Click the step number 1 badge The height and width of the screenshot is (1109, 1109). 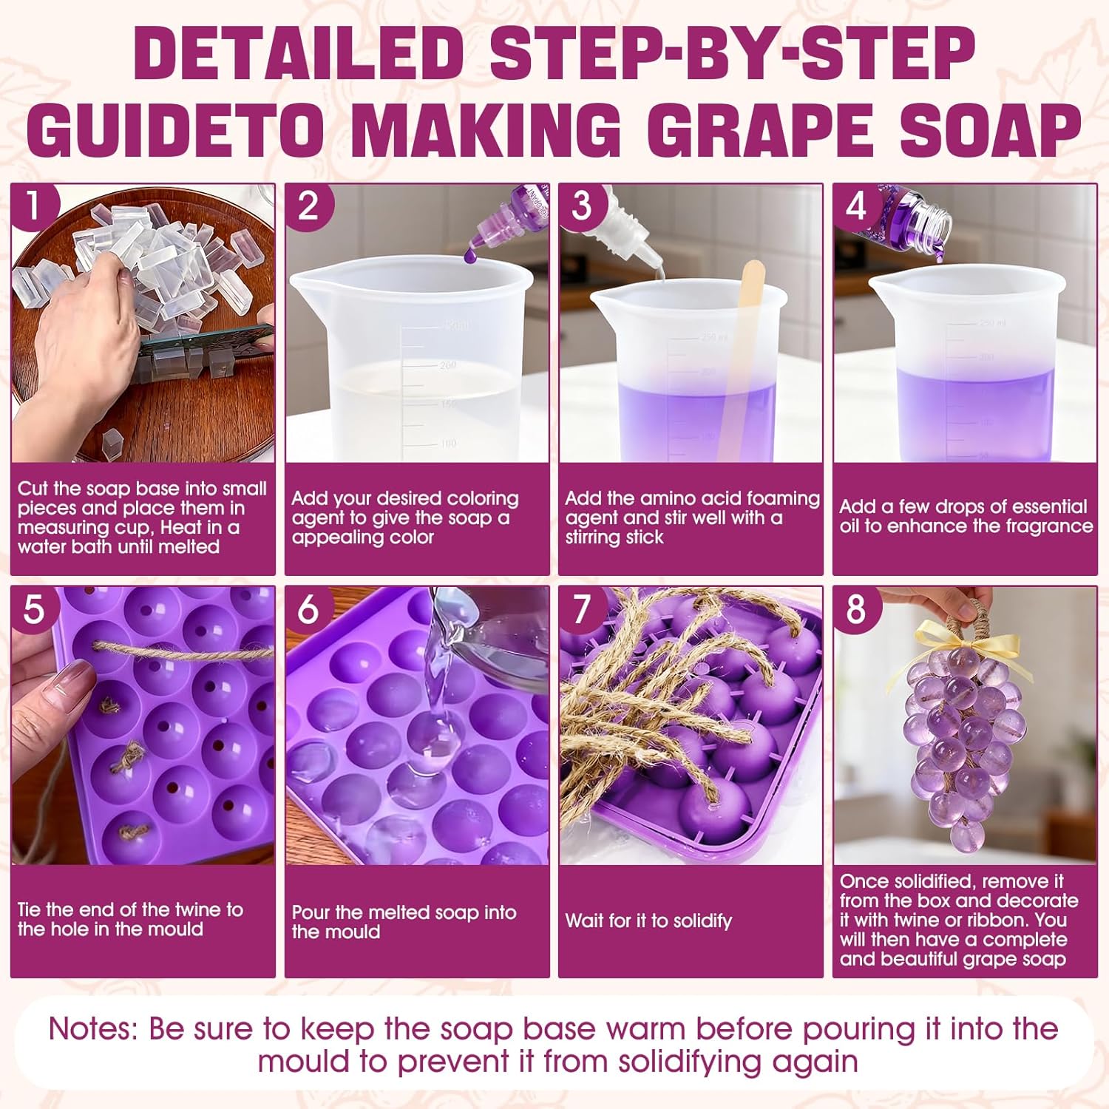click(x=32, y=205)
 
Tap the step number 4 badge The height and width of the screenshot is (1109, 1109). click(x=855, y=205)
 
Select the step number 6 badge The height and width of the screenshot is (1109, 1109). click(x=307, y=608)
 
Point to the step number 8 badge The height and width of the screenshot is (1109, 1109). click(x=855, y=608)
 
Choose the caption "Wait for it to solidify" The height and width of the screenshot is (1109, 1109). click(x=648, y=921)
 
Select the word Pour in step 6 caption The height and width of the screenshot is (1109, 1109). click(x=310, y=912)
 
